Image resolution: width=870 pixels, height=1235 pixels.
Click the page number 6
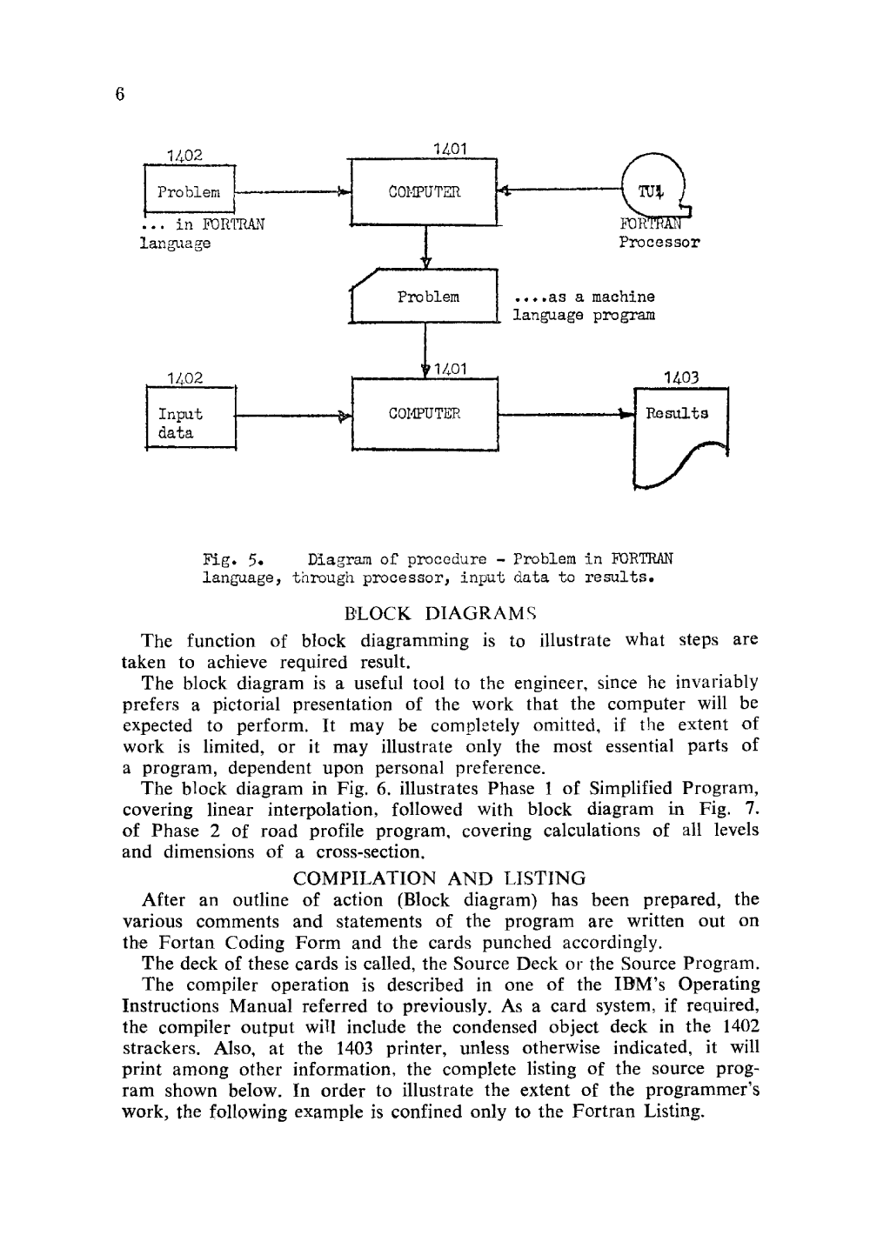pos(120,94)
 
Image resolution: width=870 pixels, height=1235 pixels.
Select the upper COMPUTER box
pos(424,192)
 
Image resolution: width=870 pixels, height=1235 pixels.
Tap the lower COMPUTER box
pos(425,414)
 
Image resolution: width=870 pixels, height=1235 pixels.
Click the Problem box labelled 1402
pos(190,191)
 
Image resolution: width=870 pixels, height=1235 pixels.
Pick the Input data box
pos(191,423)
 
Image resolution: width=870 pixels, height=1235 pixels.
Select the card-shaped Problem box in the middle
pos(425,297)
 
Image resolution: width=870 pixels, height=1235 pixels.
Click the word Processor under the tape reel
pos(659,243)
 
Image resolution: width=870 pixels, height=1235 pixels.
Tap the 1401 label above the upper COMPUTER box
pos(450,150)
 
